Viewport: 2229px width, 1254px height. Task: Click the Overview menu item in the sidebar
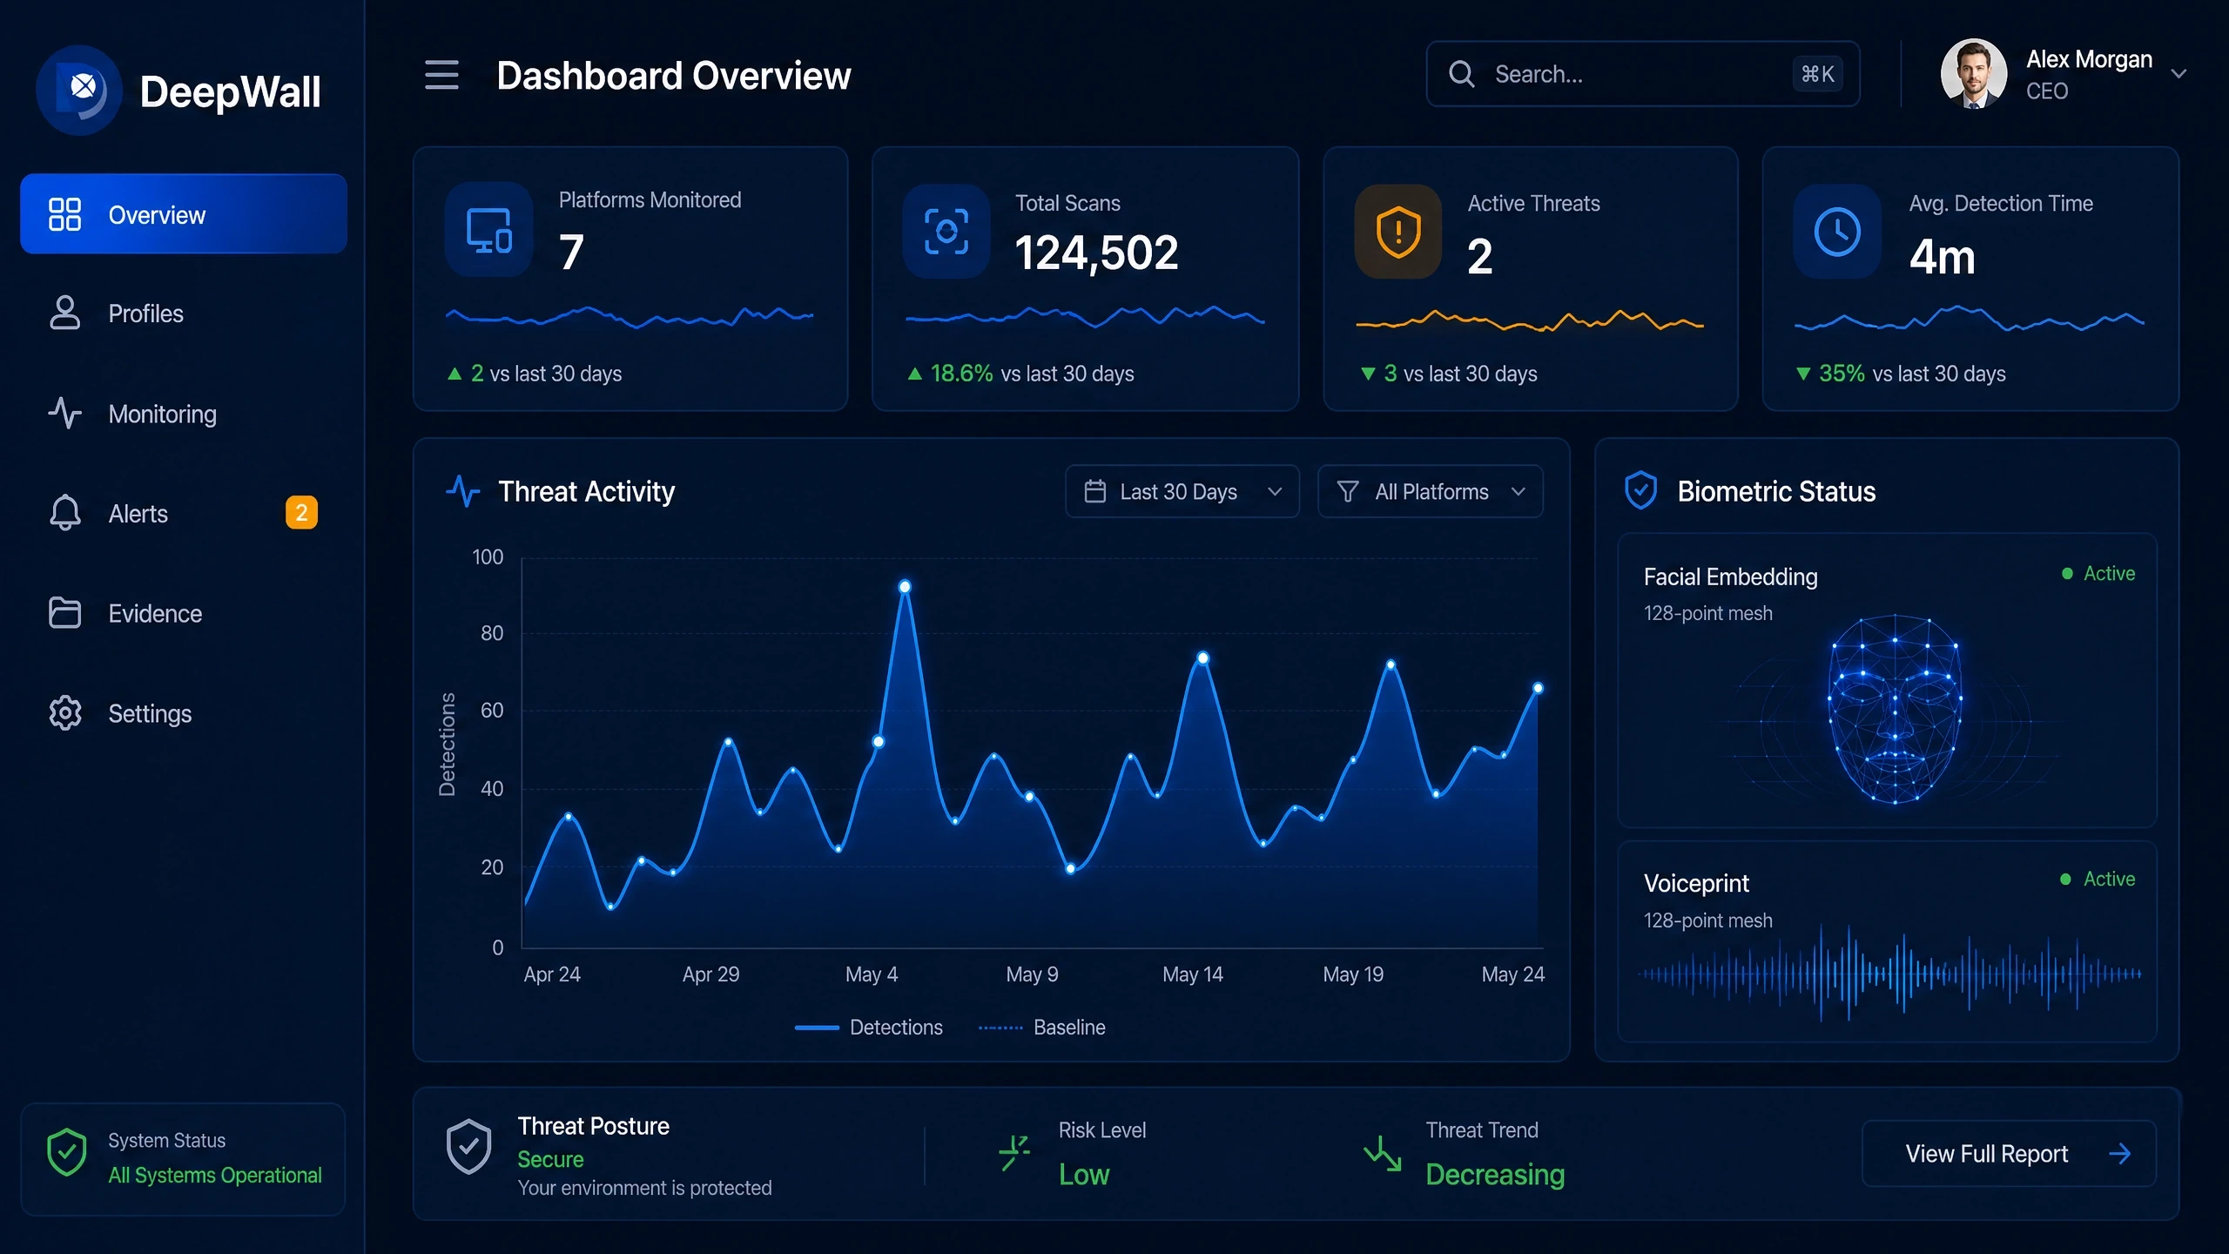point(183,213)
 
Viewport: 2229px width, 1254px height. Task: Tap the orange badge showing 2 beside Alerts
point(301,512)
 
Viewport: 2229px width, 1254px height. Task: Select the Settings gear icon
point(65,713)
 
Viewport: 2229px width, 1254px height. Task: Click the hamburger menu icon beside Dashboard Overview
point(441,75)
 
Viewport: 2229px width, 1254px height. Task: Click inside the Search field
point(1642,74)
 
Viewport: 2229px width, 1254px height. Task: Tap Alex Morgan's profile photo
point(1974,74)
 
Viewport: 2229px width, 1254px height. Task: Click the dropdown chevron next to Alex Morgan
point(2178,74)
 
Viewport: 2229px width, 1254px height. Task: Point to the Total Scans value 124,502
point(1096,253)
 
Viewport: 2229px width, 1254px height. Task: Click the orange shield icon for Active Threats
point(1398,232)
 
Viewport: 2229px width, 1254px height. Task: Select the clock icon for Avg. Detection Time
point(1837,232)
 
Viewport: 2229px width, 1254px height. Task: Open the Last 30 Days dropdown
point(1182,491)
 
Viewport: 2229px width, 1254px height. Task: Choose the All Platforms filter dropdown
point(1431,491)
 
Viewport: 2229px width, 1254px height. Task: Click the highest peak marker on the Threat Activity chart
point(905,587)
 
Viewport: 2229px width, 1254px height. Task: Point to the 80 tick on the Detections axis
point(492,633)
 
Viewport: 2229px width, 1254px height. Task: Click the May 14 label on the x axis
point(1193,974)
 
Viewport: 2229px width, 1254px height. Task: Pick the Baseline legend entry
point(1042,1028)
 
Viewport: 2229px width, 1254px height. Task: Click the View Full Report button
point(2009,1153)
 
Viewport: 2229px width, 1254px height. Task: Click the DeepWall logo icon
point(80,91)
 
